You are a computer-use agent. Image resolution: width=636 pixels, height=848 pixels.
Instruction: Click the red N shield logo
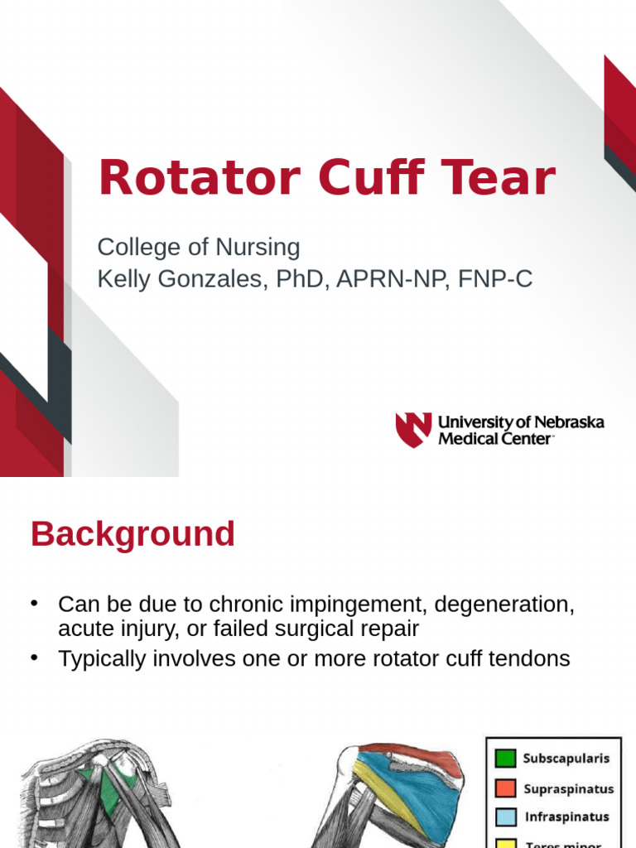point(412,429)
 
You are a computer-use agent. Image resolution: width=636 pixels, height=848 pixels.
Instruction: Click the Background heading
point(132,534)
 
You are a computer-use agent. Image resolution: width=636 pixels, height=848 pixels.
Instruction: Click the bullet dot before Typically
point(35,658)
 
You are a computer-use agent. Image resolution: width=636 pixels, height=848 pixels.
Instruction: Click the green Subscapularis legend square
point(505,758)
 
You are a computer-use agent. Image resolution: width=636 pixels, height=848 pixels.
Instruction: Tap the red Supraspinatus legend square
point(505,788)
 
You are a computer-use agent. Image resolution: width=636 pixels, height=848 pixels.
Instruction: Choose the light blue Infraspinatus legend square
point(505,817)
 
